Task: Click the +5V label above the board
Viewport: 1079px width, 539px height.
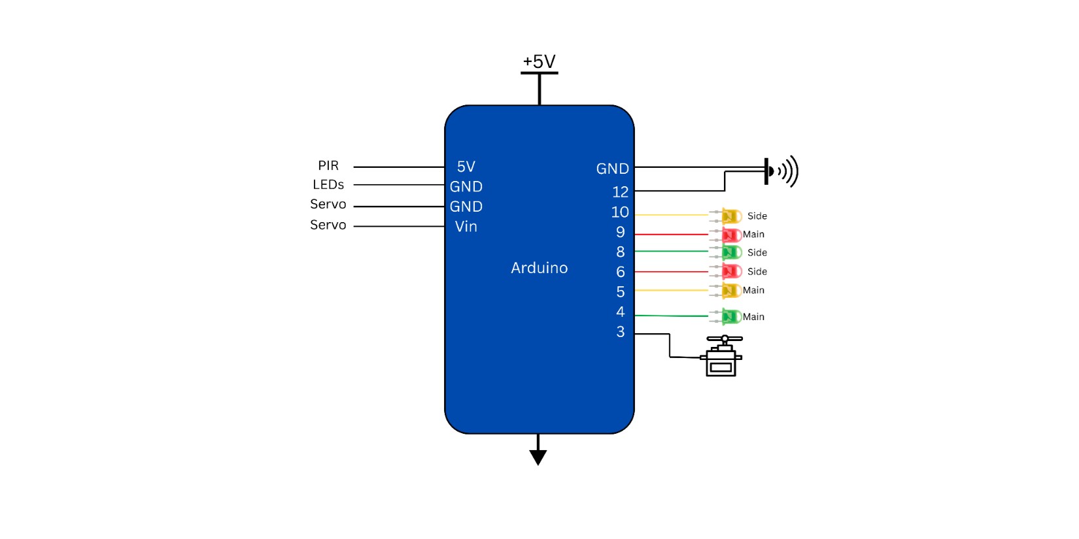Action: [539, 61]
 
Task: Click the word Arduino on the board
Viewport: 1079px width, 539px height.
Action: [539, 268]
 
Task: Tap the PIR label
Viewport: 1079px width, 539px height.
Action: [328, 166]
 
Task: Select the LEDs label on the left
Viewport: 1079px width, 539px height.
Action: [328, 185]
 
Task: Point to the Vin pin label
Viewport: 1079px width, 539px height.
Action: [466, 227]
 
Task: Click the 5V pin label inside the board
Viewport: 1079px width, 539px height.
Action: [466, 167]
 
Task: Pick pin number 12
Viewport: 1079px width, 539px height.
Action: [620, 192]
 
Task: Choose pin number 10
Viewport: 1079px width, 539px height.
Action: [620, 212]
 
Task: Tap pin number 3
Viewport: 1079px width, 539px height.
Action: [620, 332]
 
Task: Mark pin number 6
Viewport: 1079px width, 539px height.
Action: [620, 272]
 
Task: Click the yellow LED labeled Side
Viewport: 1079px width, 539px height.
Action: [730, 216]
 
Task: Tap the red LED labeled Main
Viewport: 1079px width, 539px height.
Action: [730, 235]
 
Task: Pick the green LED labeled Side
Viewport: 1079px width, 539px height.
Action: [730, 252]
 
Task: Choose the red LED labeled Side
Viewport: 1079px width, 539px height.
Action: [730, 271]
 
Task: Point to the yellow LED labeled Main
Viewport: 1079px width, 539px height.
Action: [730, 290]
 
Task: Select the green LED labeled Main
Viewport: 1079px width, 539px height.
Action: [730, 317]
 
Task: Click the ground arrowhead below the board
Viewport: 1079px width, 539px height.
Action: [538, 457]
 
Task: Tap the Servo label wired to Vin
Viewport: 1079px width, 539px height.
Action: [328, 225]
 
